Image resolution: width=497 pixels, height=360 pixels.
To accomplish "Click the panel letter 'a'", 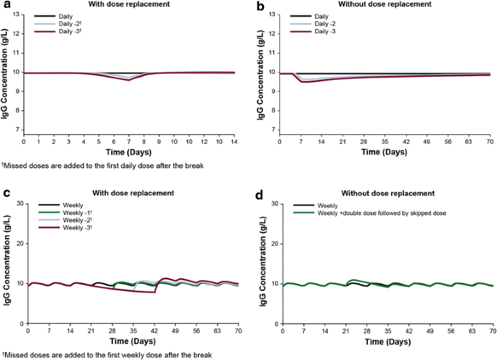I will tap(6, 6).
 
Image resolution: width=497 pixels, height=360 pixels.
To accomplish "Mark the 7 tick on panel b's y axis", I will tap(274, 130).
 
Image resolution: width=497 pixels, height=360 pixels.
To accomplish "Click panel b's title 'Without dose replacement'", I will tap(385, 6).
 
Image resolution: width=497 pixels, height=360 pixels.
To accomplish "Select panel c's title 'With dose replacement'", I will tap(134, 193).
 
